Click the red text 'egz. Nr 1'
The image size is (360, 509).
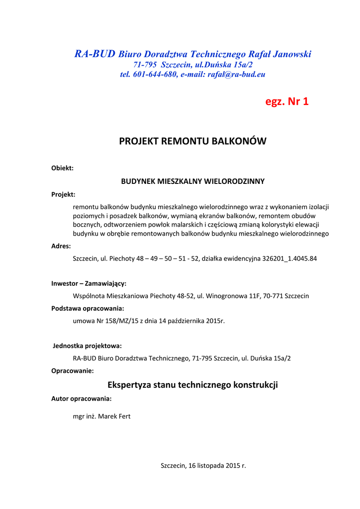pos(287,102)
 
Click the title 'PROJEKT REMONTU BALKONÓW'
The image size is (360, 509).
pos(192,141)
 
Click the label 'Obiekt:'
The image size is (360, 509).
pos(62,168)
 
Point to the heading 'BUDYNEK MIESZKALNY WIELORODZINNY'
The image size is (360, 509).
pos(192,181)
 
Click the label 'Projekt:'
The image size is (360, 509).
pos(63,194)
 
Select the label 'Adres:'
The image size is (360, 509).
pos(61,246)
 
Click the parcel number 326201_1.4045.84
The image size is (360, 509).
pos(288,258)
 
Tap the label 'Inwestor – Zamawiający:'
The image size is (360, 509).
pos(89,283)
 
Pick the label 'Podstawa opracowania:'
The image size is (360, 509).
pos(88,308)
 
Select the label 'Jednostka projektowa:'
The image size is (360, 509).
pos(88,345)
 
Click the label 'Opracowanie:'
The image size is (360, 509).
pos(73,370)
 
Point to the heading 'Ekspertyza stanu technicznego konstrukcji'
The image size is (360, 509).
pos(192,385)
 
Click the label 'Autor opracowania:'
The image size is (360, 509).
pos(82,399)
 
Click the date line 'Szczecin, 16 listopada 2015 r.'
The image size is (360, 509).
pos(203,466)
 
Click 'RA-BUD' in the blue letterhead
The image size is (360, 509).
pos(94,54)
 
